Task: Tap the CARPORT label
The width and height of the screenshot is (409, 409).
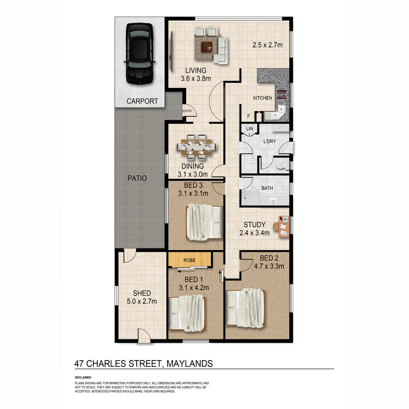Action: coord(142,101)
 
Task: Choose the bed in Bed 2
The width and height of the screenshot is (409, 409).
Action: coord(246,308)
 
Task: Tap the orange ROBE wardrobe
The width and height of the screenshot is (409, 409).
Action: coord(189,260)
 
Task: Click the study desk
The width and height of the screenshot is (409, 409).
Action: coord(283,226)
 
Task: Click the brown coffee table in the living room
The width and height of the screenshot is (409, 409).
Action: coord(207,47)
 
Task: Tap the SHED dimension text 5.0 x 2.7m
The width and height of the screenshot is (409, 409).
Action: coord(142,301)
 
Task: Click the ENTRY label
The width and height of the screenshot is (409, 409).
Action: coord(188,111)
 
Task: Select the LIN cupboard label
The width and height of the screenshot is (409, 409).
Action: coord(249,129)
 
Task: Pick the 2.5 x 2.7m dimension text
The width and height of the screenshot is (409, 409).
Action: coord(268,45)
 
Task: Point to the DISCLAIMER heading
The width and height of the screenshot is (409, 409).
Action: coord(83,378)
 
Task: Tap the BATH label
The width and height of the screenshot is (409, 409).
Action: coord(267,188)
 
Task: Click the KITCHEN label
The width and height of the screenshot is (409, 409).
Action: coord(262,98)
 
